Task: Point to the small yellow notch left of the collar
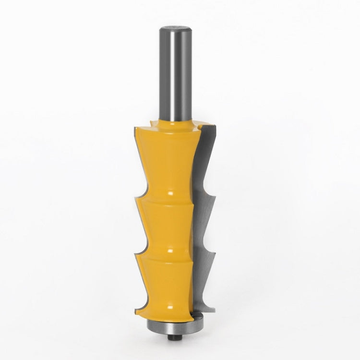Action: (x=153, y=126)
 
